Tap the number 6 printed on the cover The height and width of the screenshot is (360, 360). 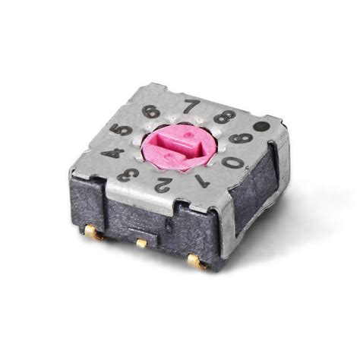click(x=152, y=111)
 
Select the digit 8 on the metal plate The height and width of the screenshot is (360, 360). click(x=224, y=116)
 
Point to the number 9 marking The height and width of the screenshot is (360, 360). click(x=242, y=137)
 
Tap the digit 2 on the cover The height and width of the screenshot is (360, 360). click(x=162, y=184)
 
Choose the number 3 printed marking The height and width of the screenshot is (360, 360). click(x=128, y=175)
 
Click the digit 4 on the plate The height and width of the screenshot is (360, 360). click(x=112, y=153)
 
